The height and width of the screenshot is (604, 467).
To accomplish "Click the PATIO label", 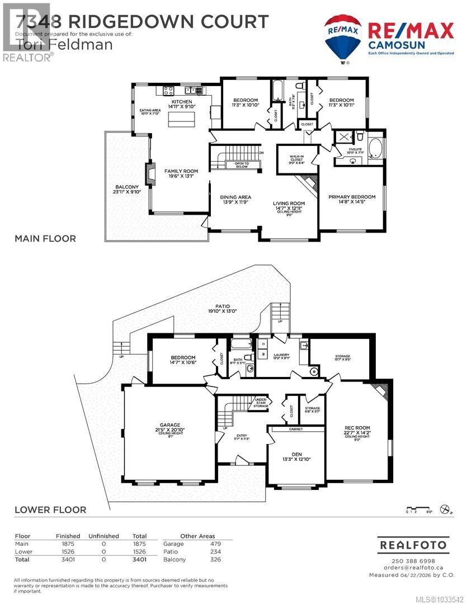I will (214, 308).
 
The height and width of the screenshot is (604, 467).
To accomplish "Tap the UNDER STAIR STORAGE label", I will (260, 403).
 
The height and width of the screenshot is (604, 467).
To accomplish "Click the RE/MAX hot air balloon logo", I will (343, 37).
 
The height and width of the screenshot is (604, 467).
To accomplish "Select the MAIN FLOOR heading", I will (45, 239).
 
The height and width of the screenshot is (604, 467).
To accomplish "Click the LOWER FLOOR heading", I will (50, 509).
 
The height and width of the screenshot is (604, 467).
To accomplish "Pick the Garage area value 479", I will (215, 544).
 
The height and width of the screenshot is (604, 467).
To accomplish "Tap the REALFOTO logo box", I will (413, 544).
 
